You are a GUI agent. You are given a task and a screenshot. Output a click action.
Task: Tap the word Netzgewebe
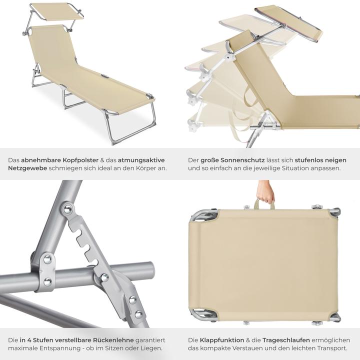[27, 168]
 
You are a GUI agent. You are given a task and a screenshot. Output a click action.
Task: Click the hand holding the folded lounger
[265, 192]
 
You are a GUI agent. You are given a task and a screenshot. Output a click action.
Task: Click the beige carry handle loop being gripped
[264, 204]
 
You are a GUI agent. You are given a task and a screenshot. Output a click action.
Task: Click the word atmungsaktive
[140, 160]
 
